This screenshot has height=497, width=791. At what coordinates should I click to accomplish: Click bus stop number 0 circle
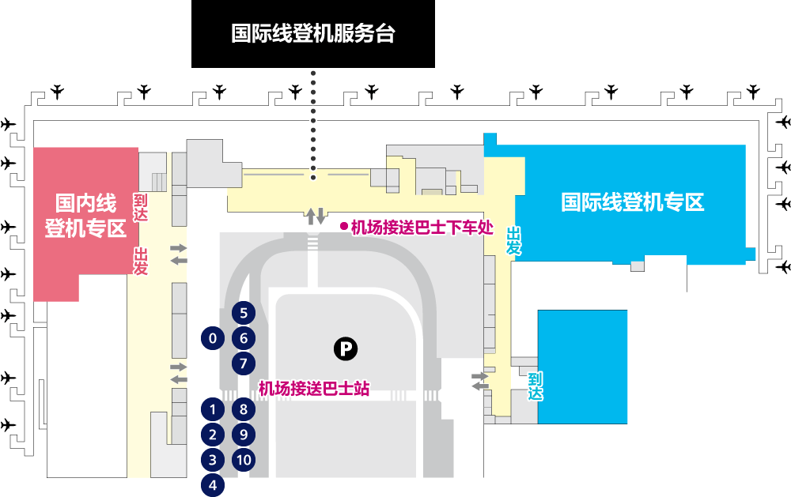point(212,338)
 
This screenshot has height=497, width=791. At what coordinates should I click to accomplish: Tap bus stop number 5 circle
point(244,313)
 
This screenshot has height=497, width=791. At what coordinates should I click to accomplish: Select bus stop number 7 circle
point(244,363)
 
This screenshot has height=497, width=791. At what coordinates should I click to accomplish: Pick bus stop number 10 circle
point(244,460)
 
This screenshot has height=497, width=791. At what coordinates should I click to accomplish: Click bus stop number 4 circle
point(212,485)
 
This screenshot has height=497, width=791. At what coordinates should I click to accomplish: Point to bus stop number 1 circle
point(212,409)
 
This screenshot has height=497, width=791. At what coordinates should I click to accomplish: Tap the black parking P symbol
point(346,348)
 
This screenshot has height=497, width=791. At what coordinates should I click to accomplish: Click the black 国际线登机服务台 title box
point(312,34)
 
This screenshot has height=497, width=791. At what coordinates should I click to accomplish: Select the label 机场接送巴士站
point(314,389)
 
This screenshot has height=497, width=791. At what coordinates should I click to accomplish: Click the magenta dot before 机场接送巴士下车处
point(344,227)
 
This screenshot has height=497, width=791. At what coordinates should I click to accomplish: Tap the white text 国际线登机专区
point(633,202)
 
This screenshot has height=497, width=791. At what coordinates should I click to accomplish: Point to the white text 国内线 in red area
point(85,203)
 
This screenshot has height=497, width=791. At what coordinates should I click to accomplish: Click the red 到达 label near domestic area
point(140,207)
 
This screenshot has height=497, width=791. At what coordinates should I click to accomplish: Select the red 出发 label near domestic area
point(140,261)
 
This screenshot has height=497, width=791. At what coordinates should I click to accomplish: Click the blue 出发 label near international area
point(514,241)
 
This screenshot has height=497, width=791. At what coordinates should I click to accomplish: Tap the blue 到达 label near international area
point(536,386)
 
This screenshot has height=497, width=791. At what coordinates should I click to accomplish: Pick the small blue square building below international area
point(582,367)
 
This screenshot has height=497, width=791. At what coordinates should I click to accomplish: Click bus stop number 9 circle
point(244,435)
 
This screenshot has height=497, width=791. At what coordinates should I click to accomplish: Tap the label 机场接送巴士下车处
point(422,228)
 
